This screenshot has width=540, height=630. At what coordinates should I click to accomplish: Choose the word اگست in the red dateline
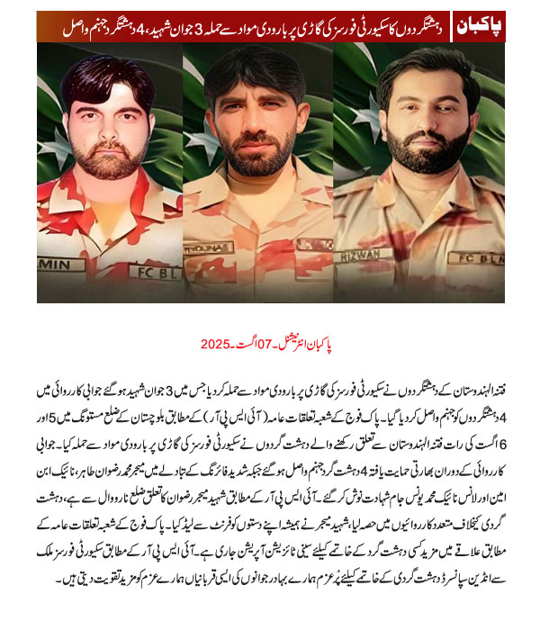pos(251,345)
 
